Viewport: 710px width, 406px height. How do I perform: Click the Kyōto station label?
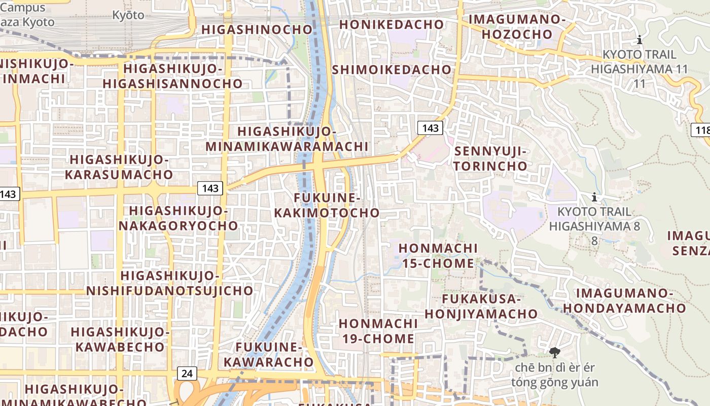(128, 15)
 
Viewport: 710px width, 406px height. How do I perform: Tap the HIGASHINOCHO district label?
(257, 29)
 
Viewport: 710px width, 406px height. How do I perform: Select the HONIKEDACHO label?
(391, 24)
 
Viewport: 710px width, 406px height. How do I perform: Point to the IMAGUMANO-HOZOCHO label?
(517, 27)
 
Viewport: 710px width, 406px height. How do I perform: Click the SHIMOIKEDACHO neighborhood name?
(392, 70)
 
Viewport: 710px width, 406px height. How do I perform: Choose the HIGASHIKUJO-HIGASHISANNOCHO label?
(173, 76)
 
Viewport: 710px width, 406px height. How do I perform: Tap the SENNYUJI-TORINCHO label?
(490, 159)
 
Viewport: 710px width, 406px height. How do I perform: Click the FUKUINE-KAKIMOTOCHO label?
(327, 205)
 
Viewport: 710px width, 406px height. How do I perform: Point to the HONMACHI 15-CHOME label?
(438, 256)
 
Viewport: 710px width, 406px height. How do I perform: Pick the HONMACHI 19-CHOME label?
(378, 331)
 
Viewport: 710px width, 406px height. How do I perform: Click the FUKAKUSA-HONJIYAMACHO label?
(481, 307)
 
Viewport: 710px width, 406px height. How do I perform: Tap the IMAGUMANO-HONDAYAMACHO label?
(624, 301)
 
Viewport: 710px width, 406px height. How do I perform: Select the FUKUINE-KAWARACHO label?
(269, 355)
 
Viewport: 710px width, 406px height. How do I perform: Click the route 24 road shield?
(187, 374)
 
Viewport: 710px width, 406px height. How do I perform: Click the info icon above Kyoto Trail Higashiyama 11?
(640, 40)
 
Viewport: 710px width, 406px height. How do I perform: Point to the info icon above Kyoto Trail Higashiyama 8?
(594, 197)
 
